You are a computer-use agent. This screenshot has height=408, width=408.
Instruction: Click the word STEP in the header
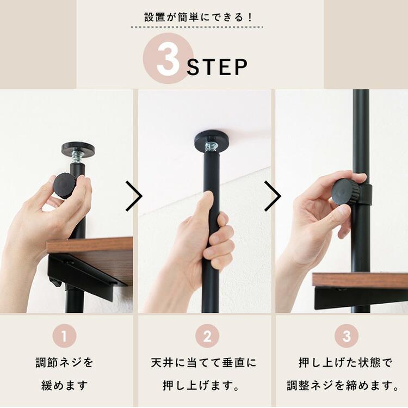pyautogui.click(x=217, y=67)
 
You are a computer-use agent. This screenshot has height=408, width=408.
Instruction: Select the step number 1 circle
pyautogui.click(x=65, y=336)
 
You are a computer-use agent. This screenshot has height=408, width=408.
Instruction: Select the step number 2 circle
pyautogui.click(x=207, y=336)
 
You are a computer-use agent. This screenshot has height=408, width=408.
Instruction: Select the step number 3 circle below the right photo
pyautogui.click(x=347, y=336)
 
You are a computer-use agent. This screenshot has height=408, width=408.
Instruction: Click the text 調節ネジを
pyautogui.click(x=65, y=362)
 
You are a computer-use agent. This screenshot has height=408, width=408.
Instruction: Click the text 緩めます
pyautogui.click(x=65, y=386)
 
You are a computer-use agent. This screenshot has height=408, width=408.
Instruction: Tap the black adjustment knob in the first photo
pyautogui.click(x=64, y=186)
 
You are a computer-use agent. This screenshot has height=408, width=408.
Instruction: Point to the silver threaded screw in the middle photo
pyautogui.click(x=211, y=147)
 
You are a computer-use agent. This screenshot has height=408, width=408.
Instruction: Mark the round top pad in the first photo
pyautogui.click(x=78, y=148)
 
